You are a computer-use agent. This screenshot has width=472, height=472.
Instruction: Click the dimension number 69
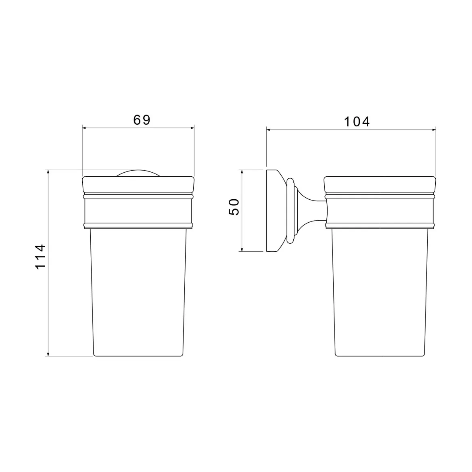pyautogui.click(x=142, y=120)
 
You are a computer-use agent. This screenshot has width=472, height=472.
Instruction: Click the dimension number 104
pyautogui.click(x=357, y=121)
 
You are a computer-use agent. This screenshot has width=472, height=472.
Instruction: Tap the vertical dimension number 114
pyautogui.click(x=40, y=257)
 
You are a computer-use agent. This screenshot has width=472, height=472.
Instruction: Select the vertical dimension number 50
pyautogui.click(x=234, y=207)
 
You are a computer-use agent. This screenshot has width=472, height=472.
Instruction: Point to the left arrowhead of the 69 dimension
pyautogui.click(x=85, y=128)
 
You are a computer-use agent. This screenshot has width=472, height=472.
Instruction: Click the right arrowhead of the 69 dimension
pyautogui.click(x=192, y=128)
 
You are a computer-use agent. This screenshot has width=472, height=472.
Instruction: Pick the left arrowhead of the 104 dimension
pyautogui.click(x=269, y=130)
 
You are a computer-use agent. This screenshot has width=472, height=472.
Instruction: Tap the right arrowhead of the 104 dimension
pyautogui.click(x=434, y=130)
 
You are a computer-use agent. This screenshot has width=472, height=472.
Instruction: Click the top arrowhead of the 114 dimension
pyautogui.click(x=48, y=173)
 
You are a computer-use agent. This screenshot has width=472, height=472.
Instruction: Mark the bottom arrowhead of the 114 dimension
pyautogui.click(x=48, y=354)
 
